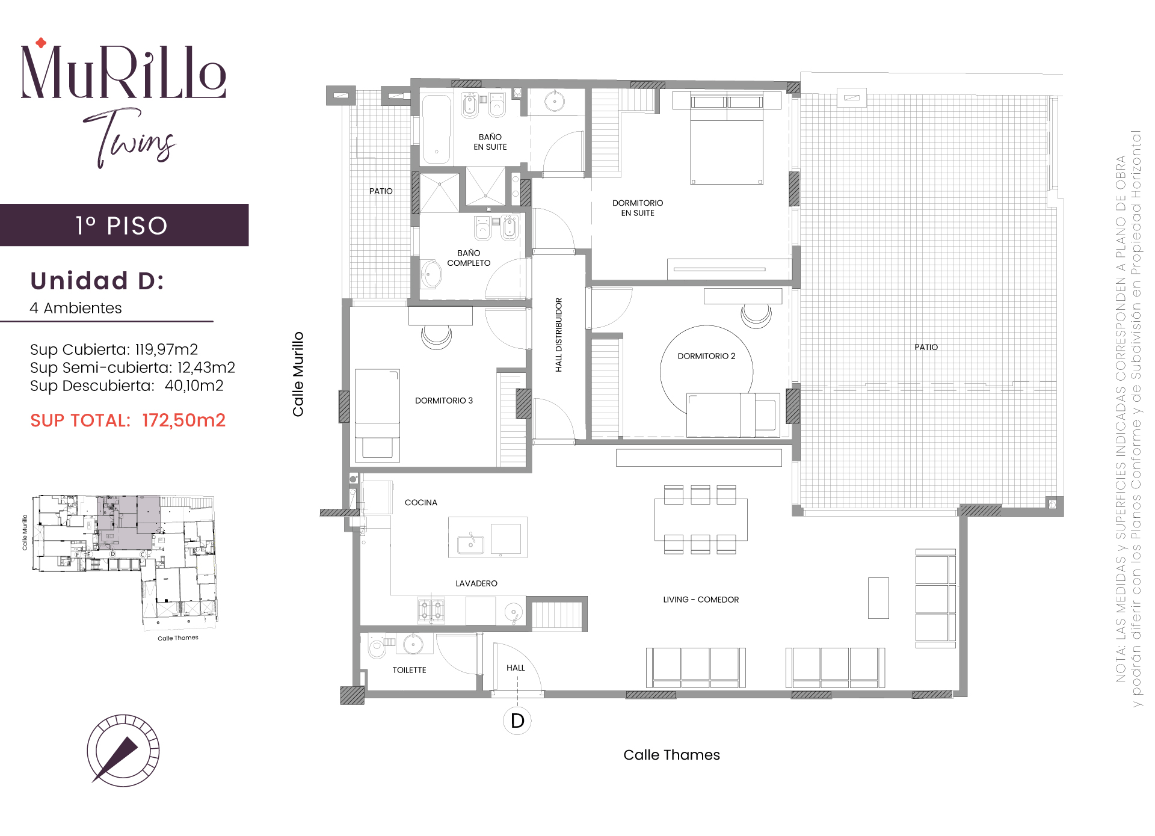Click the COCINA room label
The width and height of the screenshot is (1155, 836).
tap(420, 503)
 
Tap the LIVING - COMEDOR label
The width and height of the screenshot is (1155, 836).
tap(701, 600)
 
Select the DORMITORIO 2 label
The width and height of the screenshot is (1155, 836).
tap(706, 356)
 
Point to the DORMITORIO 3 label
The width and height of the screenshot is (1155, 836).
tap(444, 401)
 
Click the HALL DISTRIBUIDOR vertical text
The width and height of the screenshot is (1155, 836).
tap(559, 335)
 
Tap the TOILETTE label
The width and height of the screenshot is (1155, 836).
tap(409, 670)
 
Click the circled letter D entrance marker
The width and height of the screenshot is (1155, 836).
tap(517, 721)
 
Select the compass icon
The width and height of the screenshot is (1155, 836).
tap(123, 750)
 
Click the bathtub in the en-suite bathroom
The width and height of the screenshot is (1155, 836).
tap(437, 129)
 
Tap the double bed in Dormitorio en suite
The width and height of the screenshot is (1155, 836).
tap(727, 138)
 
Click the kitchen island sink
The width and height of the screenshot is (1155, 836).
tap(470, 544)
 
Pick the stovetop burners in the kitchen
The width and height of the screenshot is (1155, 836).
tap(431, 610)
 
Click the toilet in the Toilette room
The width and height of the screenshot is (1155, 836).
tap(377, 648)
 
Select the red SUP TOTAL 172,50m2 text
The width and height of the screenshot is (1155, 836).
tap(128, 420)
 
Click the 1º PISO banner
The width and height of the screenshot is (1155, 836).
tap(124, 225)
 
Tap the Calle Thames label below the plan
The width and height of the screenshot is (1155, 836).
tap(671, 755)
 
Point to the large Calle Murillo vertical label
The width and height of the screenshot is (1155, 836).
tap(298, 374)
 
